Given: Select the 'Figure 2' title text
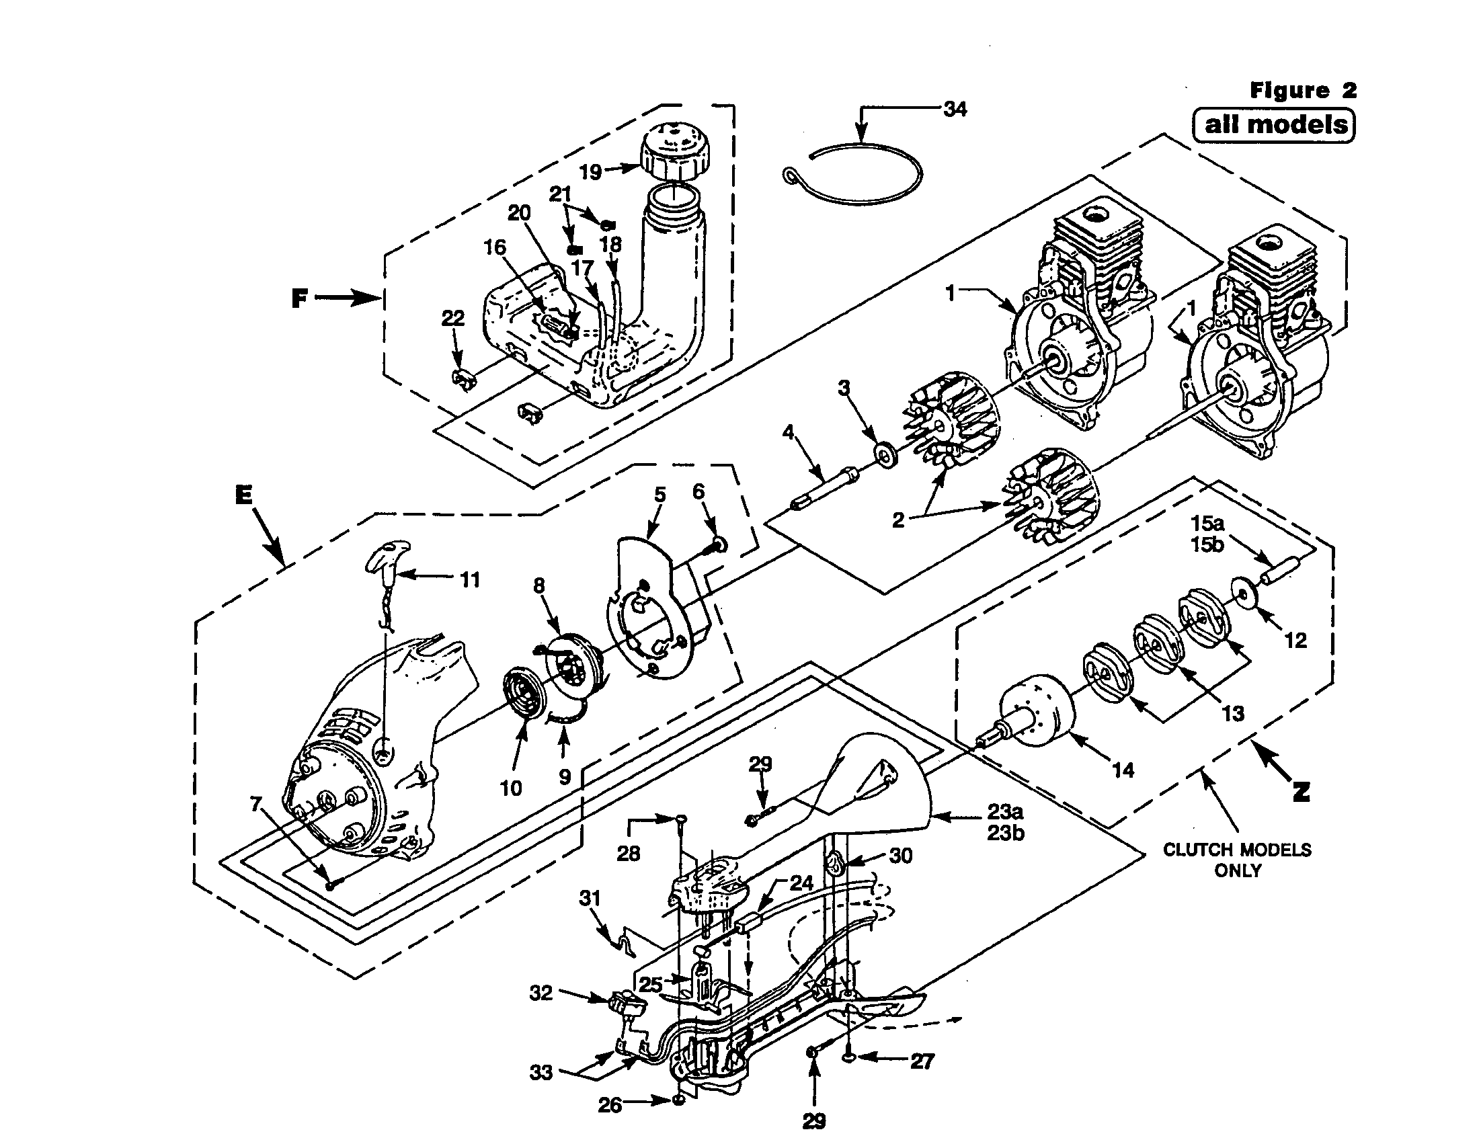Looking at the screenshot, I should pyautogui.click(x=1303, y=90).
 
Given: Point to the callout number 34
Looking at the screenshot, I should pyautogui.click(x=955, y=109).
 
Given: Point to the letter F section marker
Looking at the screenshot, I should pyautogui.click(x=300, y=298).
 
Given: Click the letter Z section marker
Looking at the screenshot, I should pyautogui.click(x=1301, y=790).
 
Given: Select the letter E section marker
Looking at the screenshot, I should pyautogui.click(x=244, y=495).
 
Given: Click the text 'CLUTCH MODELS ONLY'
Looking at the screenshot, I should pyautogui.click(x=1237, y=860).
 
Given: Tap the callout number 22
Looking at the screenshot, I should pyautogui.click(x=453, y=317).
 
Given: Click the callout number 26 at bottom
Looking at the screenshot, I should pyautogui.click(x=610, y=1105).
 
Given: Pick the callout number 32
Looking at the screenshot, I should pyautogui.click(x=541, y=993).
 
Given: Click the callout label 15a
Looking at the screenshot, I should pyautogui.click(x=1207, y=524).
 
